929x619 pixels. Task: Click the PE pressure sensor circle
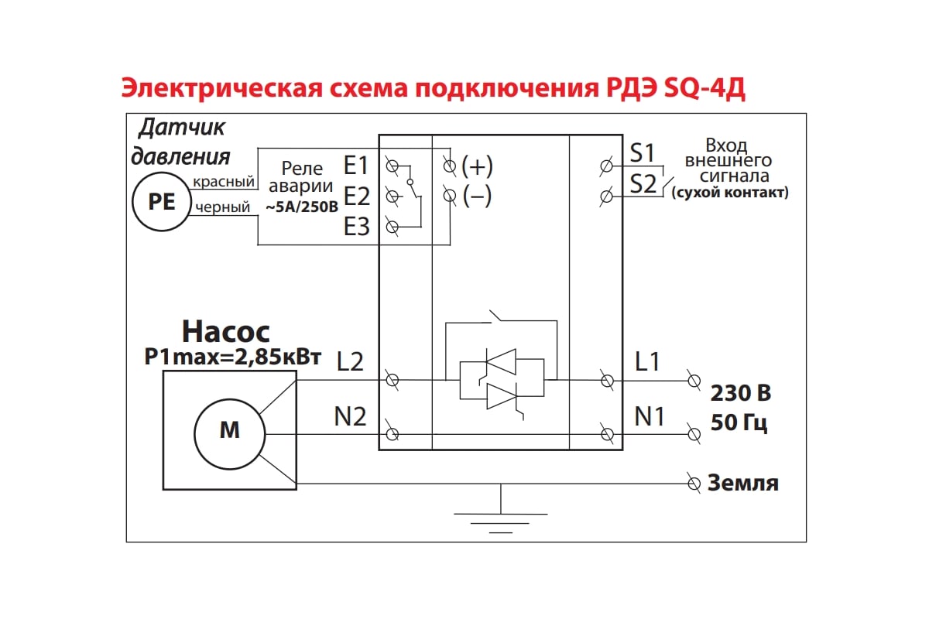(x=161, y=201)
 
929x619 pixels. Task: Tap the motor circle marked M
(x=230, y=430)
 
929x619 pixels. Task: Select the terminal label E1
(x=357, y=166)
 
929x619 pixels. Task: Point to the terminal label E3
(x=357, y=227)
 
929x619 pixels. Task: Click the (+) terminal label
(x=477, y=166)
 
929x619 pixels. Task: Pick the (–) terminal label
(x=477, y=197)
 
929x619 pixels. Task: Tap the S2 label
(x=643, y=184)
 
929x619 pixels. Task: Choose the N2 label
(x=350, y=417)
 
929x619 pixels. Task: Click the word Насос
(x=226, y=332)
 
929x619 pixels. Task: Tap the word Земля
(x=743, y=484)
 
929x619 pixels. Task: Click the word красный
(x=224, y=182)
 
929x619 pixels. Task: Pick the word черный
(x=223, y=207)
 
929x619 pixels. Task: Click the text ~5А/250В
(x=302, y=207)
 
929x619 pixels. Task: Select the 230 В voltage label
(x=741, y=393)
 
